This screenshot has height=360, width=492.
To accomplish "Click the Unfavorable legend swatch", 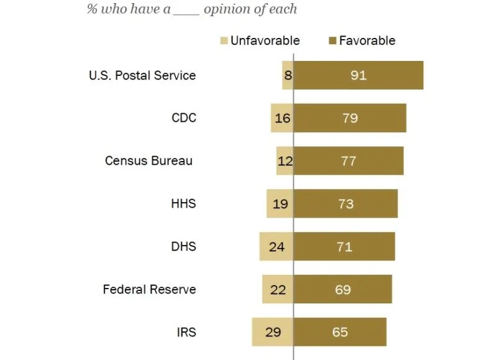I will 224,41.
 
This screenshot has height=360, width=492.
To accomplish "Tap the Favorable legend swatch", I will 332,41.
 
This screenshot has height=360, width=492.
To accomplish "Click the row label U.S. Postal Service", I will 143,75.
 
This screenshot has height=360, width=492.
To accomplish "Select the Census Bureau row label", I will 149,160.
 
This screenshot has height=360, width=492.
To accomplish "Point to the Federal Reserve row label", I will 149,289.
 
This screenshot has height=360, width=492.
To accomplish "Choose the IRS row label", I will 186,332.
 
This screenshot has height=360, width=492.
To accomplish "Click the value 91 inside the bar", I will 358,76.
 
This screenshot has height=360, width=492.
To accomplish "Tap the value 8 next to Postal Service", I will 288,76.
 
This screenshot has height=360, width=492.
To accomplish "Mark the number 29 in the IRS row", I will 273,332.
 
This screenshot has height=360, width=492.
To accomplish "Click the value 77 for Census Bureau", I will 348,161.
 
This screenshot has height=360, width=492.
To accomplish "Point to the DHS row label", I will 184,246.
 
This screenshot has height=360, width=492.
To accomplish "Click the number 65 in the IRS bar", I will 340,332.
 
